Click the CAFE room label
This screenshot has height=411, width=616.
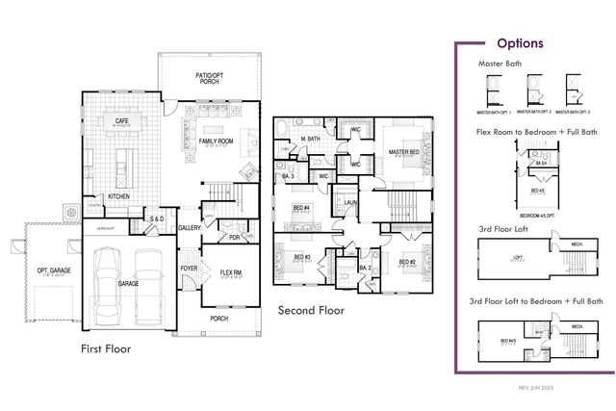pos(122,121)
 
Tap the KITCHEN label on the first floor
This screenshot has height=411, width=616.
pos(118,196)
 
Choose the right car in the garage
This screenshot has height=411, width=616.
pos(149,284)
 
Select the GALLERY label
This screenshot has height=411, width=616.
pos(190,228)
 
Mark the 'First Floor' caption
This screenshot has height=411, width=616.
pos(106,348)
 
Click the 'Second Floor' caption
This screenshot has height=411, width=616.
pos(311,311)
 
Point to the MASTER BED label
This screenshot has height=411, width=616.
pos(404,152)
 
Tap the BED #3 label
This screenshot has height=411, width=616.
pos(300,257)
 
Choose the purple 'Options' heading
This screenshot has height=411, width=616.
pos(520,43)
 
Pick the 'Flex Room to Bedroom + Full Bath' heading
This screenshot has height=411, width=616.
pos(536,131)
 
